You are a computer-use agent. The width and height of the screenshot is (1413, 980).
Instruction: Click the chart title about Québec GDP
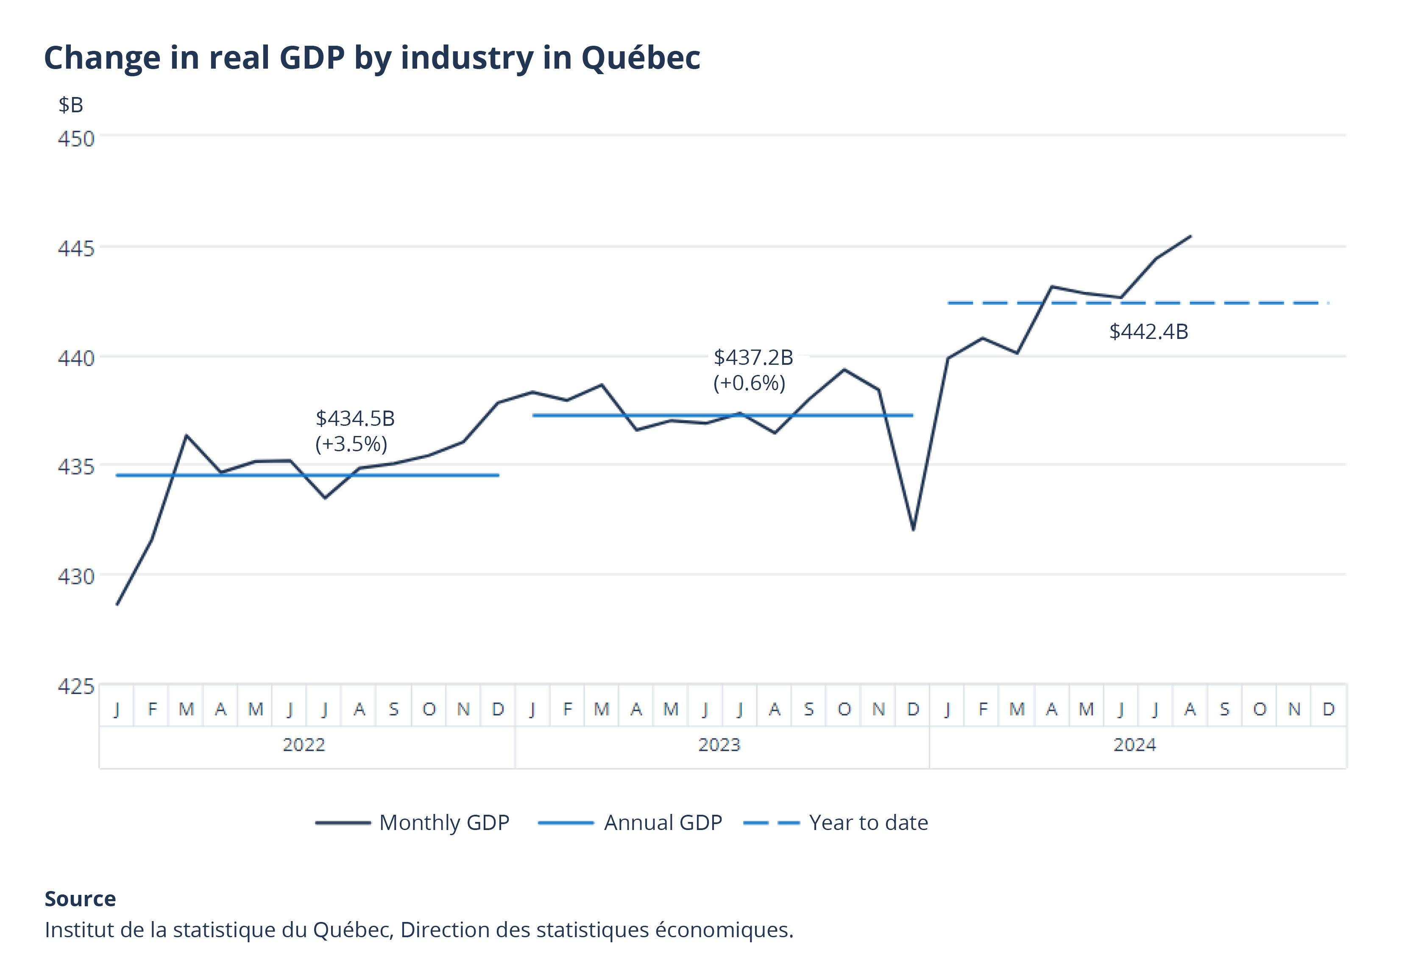point(372,58)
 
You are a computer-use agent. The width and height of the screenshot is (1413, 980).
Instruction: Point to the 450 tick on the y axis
point(76,139)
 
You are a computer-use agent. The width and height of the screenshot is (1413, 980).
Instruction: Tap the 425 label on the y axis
point(76,686)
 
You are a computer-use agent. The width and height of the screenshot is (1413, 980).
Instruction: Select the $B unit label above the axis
point(71,105)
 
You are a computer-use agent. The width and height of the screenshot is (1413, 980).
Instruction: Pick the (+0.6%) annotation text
point(749,383)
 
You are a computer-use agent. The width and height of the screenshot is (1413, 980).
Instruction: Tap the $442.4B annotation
point(1148,332)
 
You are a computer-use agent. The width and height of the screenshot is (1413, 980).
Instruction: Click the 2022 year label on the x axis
point(304,745)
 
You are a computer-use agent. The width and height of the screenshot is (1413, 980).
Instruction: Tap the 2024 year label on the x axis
point(1134,745)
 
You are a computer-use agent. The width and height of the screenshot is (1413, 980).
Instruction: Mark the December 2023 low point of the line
point(914,529)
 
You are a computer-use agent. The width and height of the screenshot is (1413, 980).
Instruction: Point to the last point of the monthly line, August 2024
point(1190,236)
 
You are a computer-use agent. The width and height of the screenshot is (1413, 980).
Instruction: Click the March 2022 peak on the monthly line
point(186,436)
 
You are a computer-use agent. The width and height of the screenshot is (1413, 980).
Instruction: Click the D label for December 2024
point(1328,709)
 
